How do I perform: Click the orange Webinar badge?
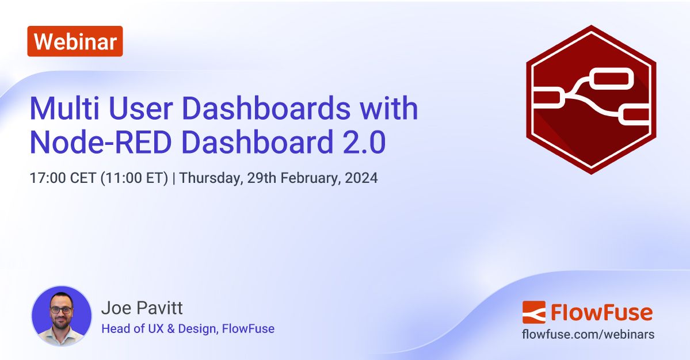click(x=75, y=41)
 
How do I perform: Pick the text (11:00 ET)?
click(x=134, y=178)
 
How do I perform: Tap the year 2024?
click(x=362, y=178)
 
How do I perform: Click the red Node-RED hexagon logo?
click(x=591, y=99)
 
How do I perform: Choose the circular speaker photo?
click(x=61, y=315)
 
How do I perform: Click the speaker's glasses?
click(x=61, y=309)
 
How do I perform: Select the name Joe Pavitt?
click(x=142, y=308)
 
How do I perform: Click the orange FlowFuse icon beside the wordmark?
click(x=533, y=312)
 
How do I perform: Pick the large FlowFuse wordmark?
click(x=601, y=312)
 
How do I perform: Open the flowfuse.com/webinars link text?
click(x=588, y=334)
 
